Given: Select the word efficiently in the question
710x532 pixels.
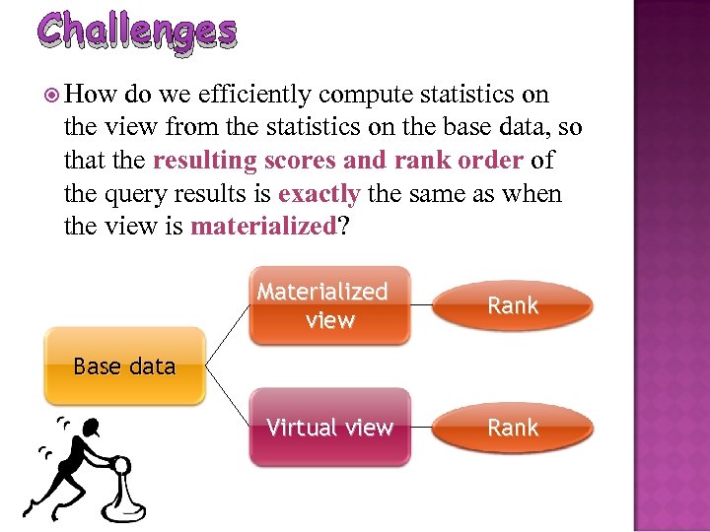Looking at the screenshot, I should point(256,95).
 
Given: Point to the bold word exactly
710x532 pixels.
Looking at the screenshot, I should point(319,194).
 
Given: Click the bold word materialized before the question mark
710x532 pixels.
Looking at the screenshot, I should point(263,227).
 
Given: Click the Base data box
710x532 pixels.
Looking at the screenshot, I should point(124,366).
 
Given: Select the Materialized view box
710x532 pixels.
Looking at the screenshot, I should point(328,305).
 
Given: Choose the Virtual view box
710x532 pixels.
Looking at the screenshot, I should point(328,427).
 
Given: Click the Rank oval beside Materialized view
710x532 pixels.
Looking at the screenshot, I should point(513,305).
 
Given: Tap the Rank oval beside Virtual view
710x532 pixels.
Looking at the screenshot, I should point(513,427).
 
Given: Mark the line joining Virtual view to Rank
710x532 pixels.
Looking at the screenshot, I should point(421,427).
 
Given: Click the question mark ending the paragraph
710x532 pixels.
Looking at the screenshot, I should point(342,227).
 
